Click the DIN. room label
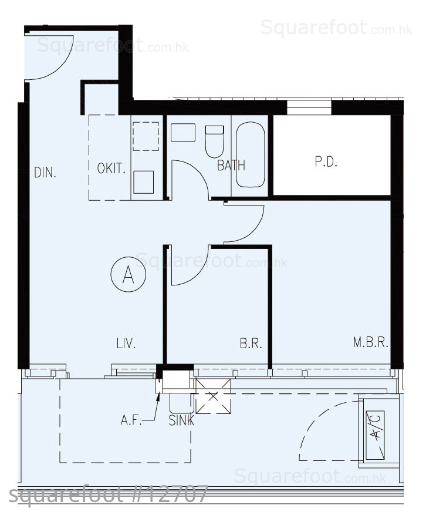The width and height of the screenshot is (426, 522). (45, 173)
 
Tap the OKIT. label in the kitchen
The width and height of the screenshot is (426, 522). (111, 169)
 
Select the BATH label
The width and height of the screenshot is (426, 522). (231, 165)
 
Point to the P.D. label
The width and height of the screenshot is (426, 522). (326, 162)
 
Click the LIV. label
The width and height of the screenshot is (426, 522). (126, 343)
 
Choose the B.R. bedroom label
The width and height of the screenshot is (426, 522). (251, 343)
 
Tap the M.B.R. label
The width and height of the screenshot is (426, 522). (371, 342)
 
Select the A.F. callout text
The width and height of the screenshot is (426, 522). (131, 420)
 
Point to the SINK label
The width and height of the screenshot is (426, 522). (181, 421)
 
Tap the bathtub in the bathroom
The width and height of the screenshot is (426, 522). (251, 155)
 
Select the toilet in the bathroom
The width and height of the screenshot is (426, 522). (214, 142)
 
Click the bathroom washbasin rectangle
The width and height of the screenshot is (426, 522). (183, 133)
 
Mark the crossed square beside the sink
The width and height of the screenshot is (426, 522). (213, 396)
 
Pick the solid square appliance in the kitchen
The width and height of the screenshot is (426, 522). (144, 182)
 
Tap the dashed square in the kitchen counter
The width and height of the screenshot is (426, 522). (146, 136)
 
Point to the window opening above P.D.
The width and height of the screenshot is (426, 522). (309, 107)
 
